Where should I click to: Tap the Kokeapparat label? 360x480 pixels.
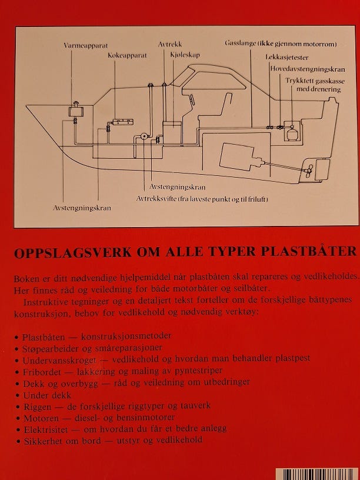point(127,55)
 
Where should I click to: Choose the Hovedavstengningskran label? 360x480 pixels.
point(307,69)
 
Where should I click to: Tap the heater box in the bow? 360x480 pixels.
point(75,111)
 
